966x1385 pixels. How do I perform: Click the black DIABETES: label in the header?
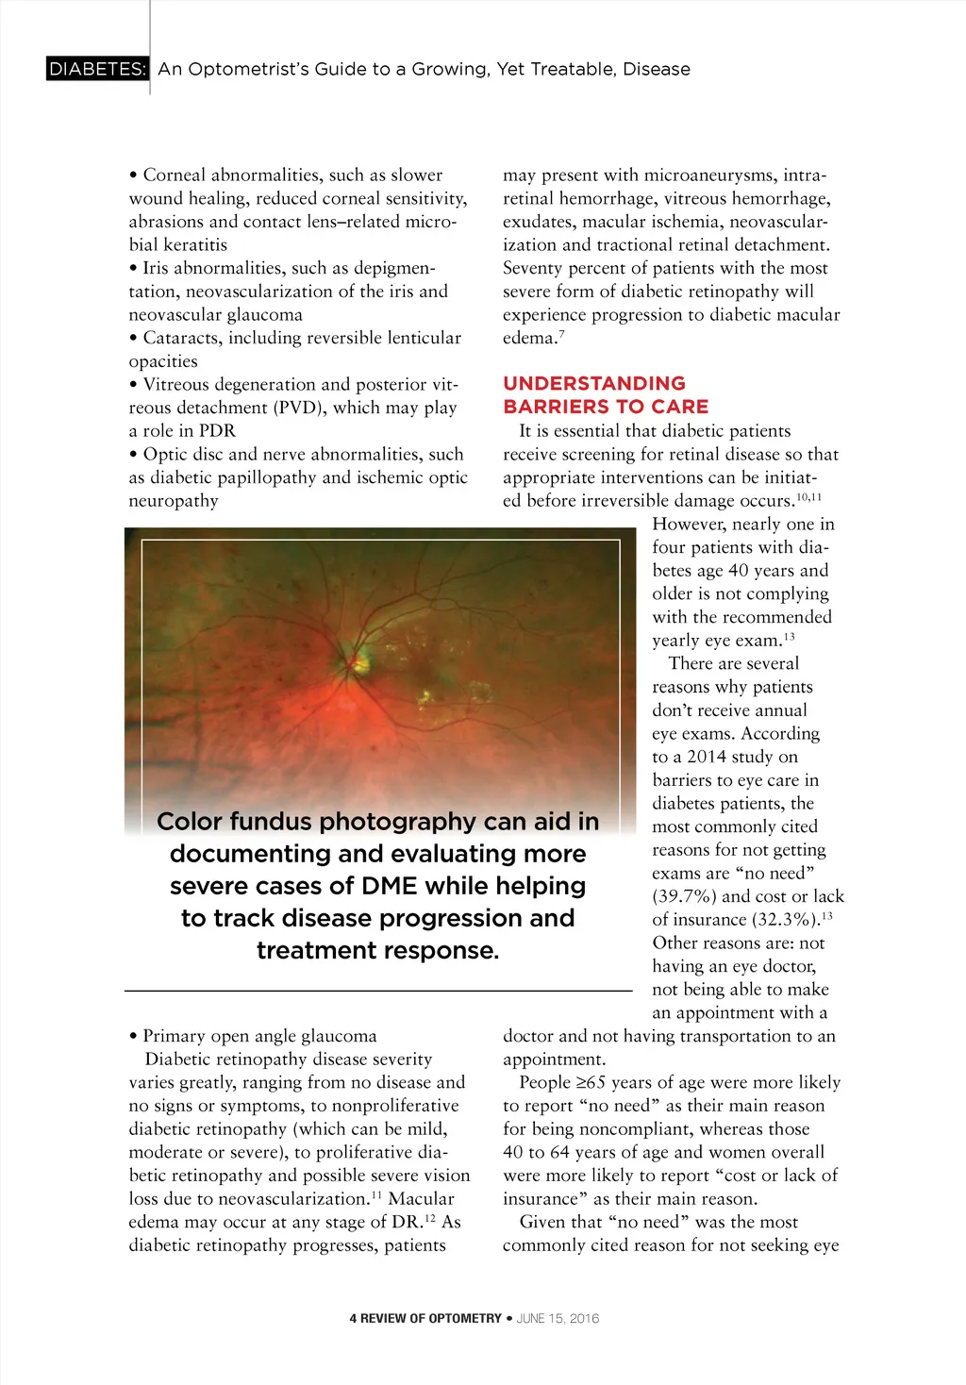tap(97, 69)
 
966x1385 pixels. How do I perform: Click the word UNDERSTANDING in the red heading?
tap(594, 383)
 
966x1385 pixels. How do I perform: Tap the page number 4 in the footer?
tap(353, 1318)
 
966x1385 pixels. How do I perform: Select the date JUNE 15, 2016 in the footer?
tap(558, 1318)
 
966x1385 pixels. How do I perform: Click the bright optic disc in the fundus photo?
tap(360, 663)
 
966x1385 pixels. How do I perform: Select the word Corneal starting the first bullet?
tap(175, 175)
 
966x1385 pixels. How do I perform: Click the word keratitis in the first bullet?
tap(196, 244)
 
